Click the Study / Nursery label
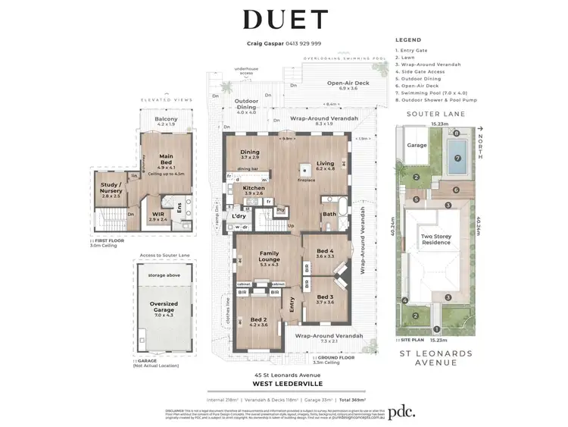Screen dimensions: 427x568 111,187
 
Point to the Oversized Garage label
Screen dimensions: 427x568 164,306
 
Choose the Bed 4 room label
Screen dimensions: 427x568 325,251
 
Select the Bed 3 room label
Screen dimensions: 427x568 325,298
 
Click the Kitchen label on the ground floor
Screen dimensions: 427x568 254,189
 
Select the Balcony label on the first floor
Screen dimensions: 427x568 166,119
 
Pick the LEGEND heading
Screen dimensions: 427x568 408,39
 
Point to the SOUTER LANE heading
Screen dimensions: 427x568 435,114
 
